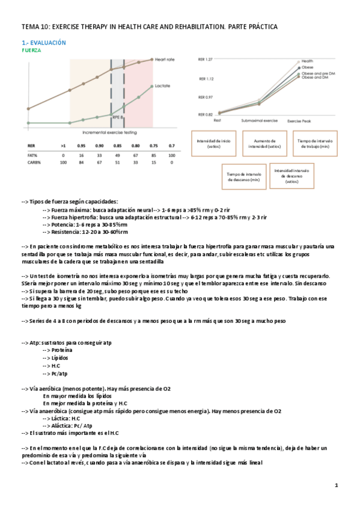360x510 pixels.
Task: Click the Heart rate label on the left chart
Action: [163, 59]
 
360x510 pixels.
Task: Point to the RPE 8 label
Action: [118, 118]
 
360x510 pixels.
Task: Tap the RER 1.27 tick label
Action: [205, 60]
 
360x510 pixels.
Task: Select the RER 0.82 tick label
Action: [205, 114]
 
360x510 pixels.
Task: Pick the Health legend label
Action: [307, 61]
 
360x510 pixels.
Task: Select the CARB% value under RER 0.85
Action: [118, 162]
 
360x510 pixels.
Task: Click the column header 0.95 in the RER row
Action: [81, 146]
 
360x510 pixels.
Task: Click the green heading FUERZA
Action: [31, 51]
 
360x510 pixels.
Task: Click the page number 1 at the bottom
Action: [337, 485]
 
